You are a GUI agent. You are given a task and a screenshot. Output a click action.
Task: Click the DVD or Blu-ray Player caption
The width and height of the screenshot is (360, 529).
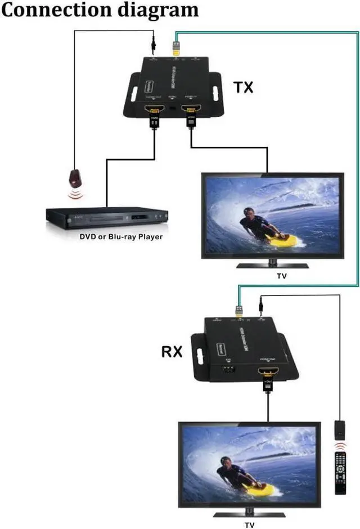pyautogui.click(x=121, y=237)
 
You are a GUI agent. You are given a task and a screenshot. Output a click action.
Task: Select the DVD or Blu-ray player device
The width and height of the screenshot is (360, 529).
pyautogui.click(x=107, y=216)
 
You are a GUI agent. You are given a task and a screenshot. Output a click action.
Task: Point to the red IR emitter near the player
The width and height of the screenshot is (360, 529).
pyautogui.click(x=74, y=179)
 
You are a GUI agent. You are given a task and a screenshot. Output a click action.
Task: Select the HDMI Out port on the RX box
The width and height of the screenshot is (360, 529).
pyautogui.click(x=267, y=372)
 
